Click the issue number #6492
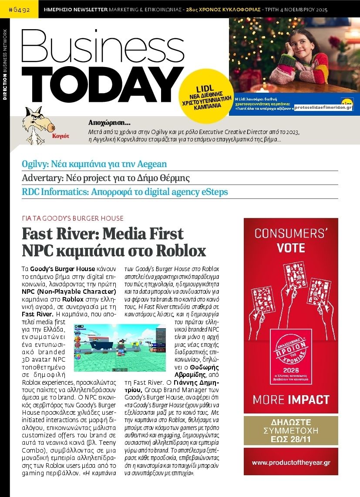point(20,9)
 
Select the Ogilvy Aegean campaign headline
point(94,164)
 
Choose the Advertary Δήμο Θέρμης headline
point(106,178)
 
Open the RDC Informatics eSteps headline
point(125,191)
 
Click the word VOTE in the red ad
point(291,248)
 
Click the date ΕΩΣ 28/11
point(291,439)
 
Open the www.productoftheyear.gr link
point(291,462)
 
